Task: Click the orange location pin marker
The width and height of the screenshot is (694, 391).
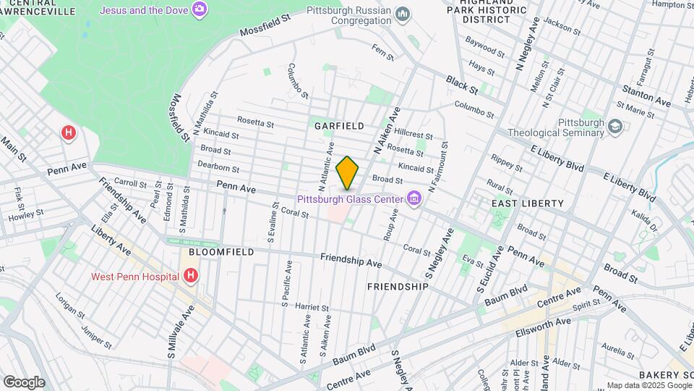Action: coord(348,173)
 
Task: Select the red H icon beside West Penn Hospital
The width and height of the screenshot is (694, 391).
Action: coord(191,276)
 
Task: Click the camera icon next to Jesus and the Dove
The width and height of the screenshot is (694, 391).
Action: coord(200,9)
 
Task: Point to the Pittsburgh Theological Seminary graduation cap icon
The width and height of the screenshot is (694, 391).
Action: coord(614,127)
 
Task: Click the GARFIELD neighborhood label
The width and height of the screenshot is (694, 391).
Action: coord(339,125)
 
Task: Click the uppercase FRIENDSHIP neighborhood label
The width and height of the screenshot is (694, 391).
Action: coord(398,287)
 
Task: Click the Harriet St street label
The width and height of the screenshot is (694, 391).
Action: coord(312,307)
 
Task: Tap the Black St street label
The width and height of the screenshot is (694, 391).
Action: coord(462,84)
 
